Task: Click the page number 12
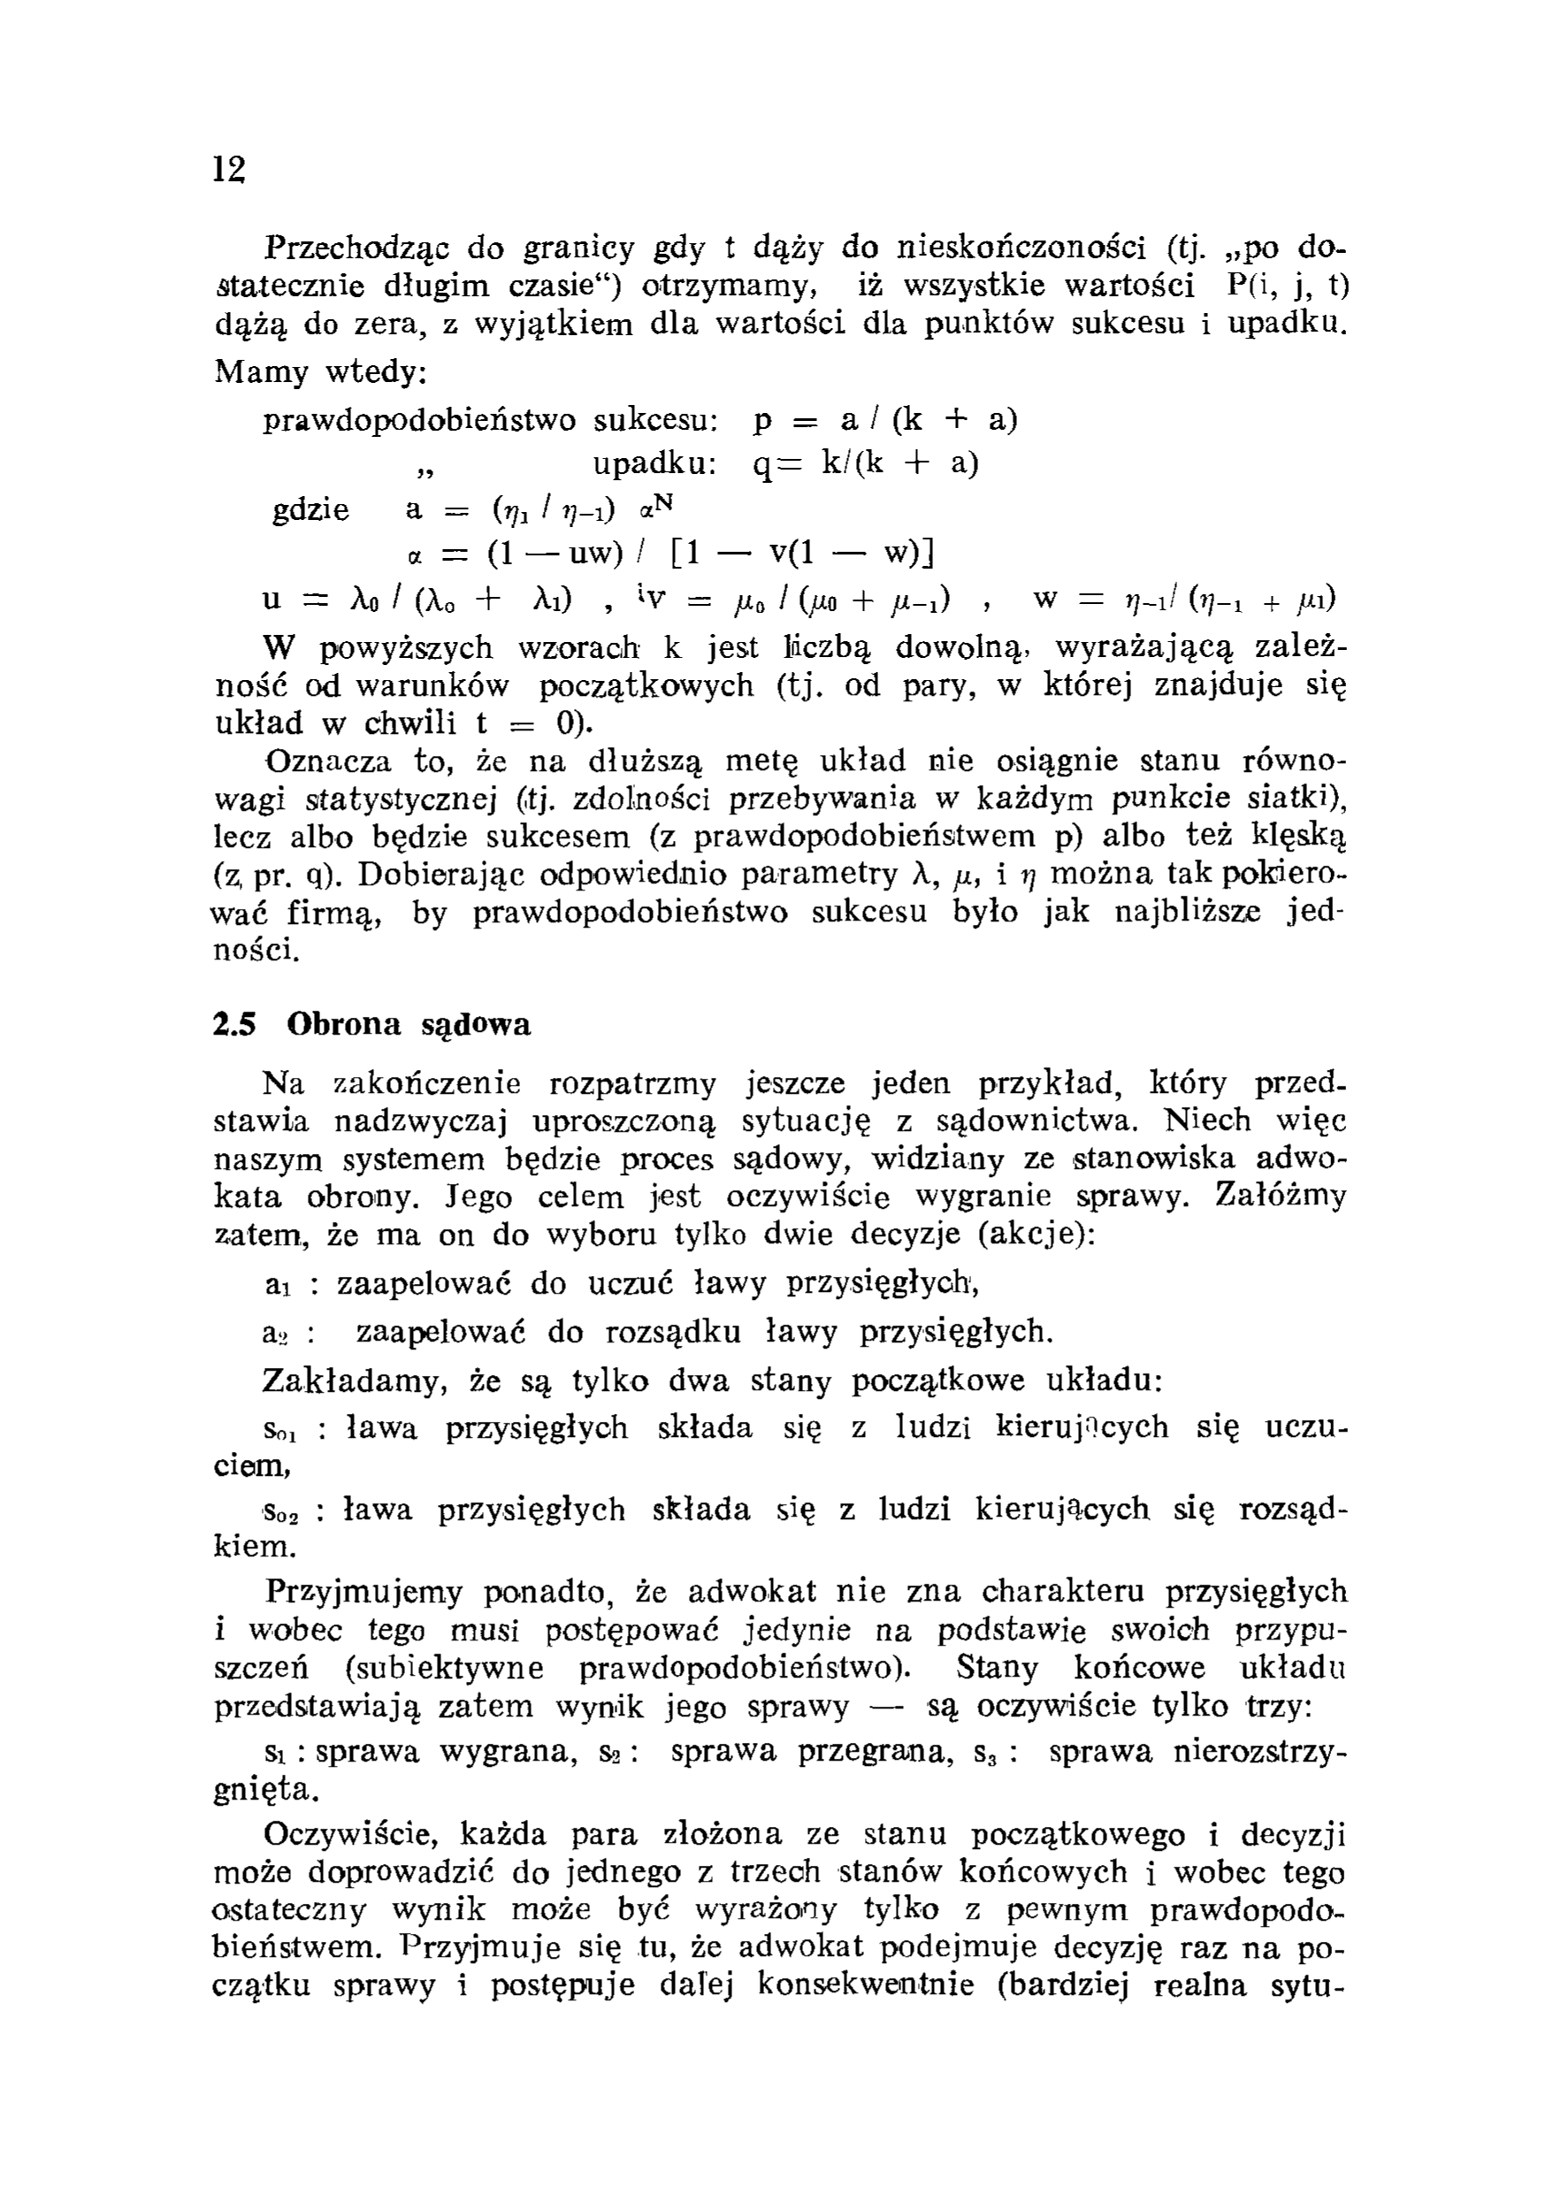(x=229, y=169)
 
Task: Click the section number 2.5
(x=235, y=1024)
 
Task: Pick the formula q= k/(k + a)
(x=866, y=463)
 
